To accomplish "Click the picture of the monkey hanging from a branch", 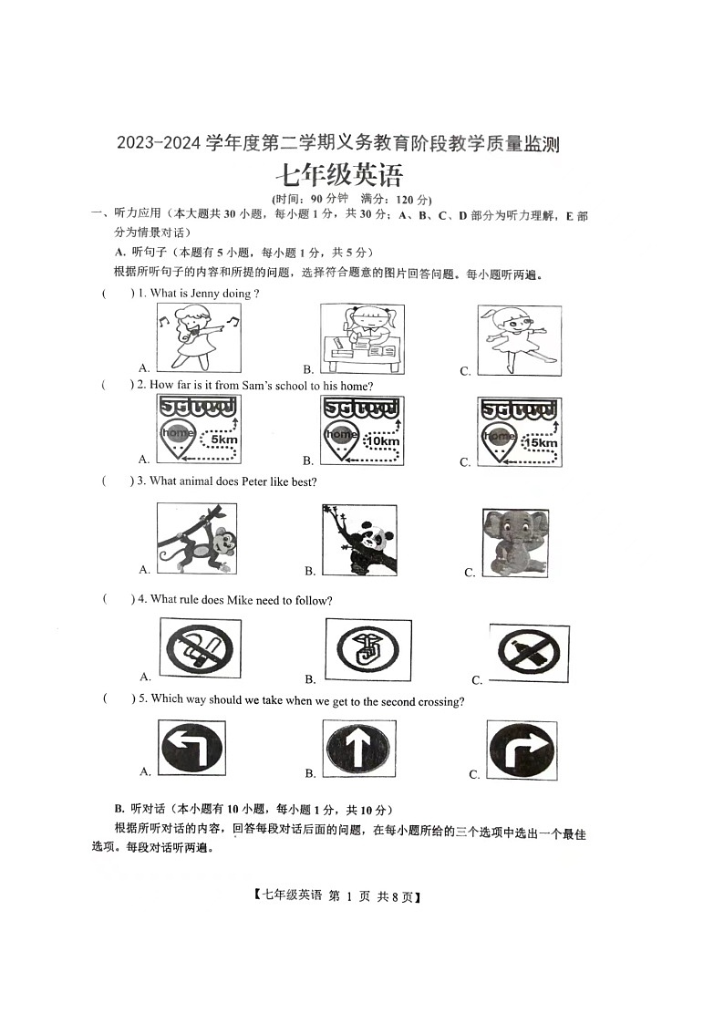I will [196, 538].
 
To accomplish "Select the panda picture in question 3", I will [359, 539].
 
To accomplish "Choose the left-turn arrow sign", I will [191, 749].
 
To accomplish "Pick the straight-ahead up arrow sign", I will [358, 749].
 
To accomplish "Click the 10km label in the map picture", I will [381, 441].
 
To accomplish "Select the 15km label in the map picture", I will [541, 442].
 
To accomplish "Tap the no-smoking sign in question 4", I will [200, 649].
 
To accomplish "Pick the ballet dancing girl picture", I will [518, 339].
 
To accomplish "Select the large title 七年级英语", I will [338, 173].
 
